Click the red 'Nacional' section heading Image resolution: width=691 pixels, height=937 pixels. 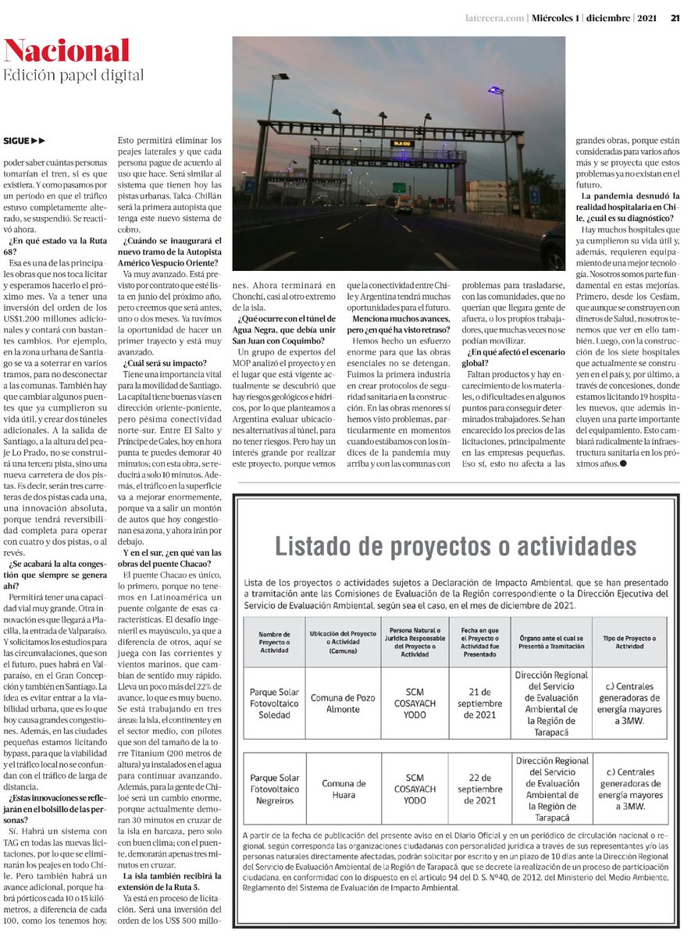(66, 51)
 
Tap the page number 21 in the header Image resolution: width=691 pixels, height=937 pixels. (674, 20)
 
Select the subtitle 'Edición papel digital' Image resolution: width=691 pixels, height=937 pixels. (74, 76)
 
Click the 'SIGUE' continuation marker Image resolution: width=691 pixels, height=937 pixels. (24, 141)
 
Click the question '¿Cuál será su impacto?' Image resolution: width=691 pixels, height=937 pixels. (164, 364)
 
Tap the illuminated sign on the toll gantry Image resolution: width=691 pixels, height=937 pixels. (401, 144)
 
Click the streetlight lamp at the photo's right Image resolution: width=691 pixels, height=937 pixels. (493, 91)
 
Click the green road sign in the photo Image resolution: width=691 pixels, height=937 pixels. (398, 187)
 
